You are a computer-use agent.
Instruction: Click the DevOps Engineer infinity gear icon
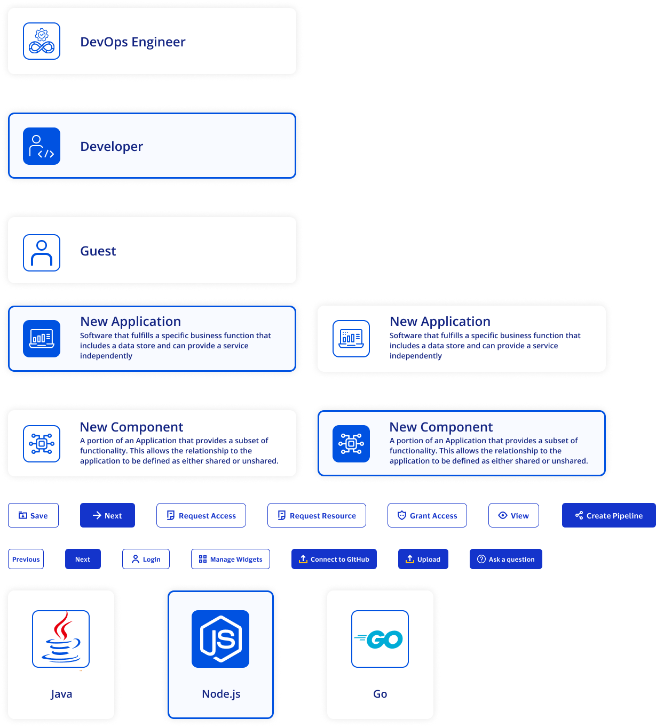(41, 41)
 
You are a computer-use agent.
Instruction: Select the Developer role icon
(41, 146)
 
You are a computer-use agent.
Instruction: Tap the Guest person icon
(41, 253)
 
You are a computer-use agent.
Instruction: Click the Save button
(33, 515)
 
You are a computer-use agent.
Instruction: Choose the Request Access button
(201, 515)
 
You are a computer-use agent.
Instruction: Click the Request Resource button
(317, 515)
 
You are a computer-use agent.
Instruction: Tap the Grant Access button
(427, 515)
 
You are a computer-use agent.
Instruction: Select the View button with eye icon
(513, 515)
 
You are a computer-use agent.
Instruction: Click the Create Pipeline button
(609, 515)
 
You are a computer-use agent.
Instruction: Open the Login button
(146, 559)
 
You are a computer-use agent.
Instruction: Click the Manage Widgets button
(231, 559)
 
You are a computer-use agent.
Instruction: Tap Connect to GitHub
(334, 559)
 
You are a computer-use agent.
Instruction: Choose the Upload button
(423, 559)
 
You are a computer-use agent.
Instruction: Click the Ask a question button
(506, 559)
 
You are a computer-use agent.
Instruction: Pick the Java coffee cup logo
(61, 638)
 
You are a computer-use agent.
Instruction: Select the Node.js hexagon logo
(220, 638)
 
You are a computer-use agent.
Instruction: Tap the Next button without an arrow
(83, 559)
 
